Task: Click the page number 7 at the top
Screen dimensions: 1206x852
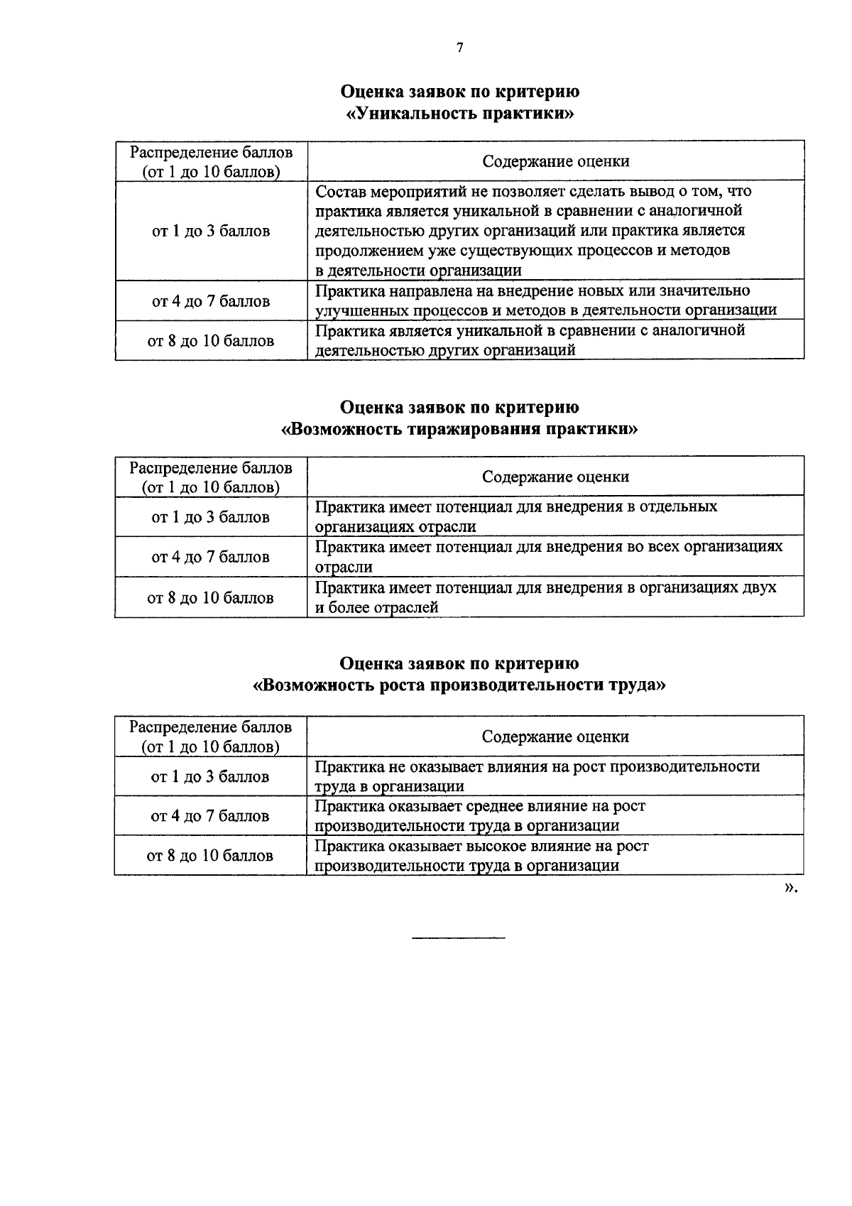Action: tap(459, 48)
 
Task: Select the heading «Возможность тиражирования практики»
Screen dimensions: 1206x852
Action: tap(459, 429)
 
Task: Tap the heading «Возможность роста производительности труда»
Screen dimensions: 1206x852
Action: tap(459, 685)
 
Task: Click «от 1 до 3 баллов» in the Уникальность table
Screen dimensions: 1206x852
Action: tap(211, 231)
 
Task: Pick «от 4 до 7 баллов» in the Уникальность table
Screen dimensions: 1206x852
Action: tap(211, 301)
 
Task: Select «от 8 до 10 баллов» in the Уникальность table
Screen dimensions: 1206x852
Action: tap(211, 341)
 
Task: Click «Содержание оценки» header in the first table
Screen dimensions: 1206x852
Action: tap(555, 161)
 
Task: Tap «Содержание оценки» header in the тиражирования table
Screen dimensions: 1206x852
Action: tap(555, 477)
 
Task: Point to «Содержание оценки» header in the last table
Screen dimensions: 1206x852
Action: tap(555, 737)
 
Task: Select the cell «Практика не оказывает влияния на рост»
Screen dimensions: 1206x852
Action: tap(536, 776)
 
